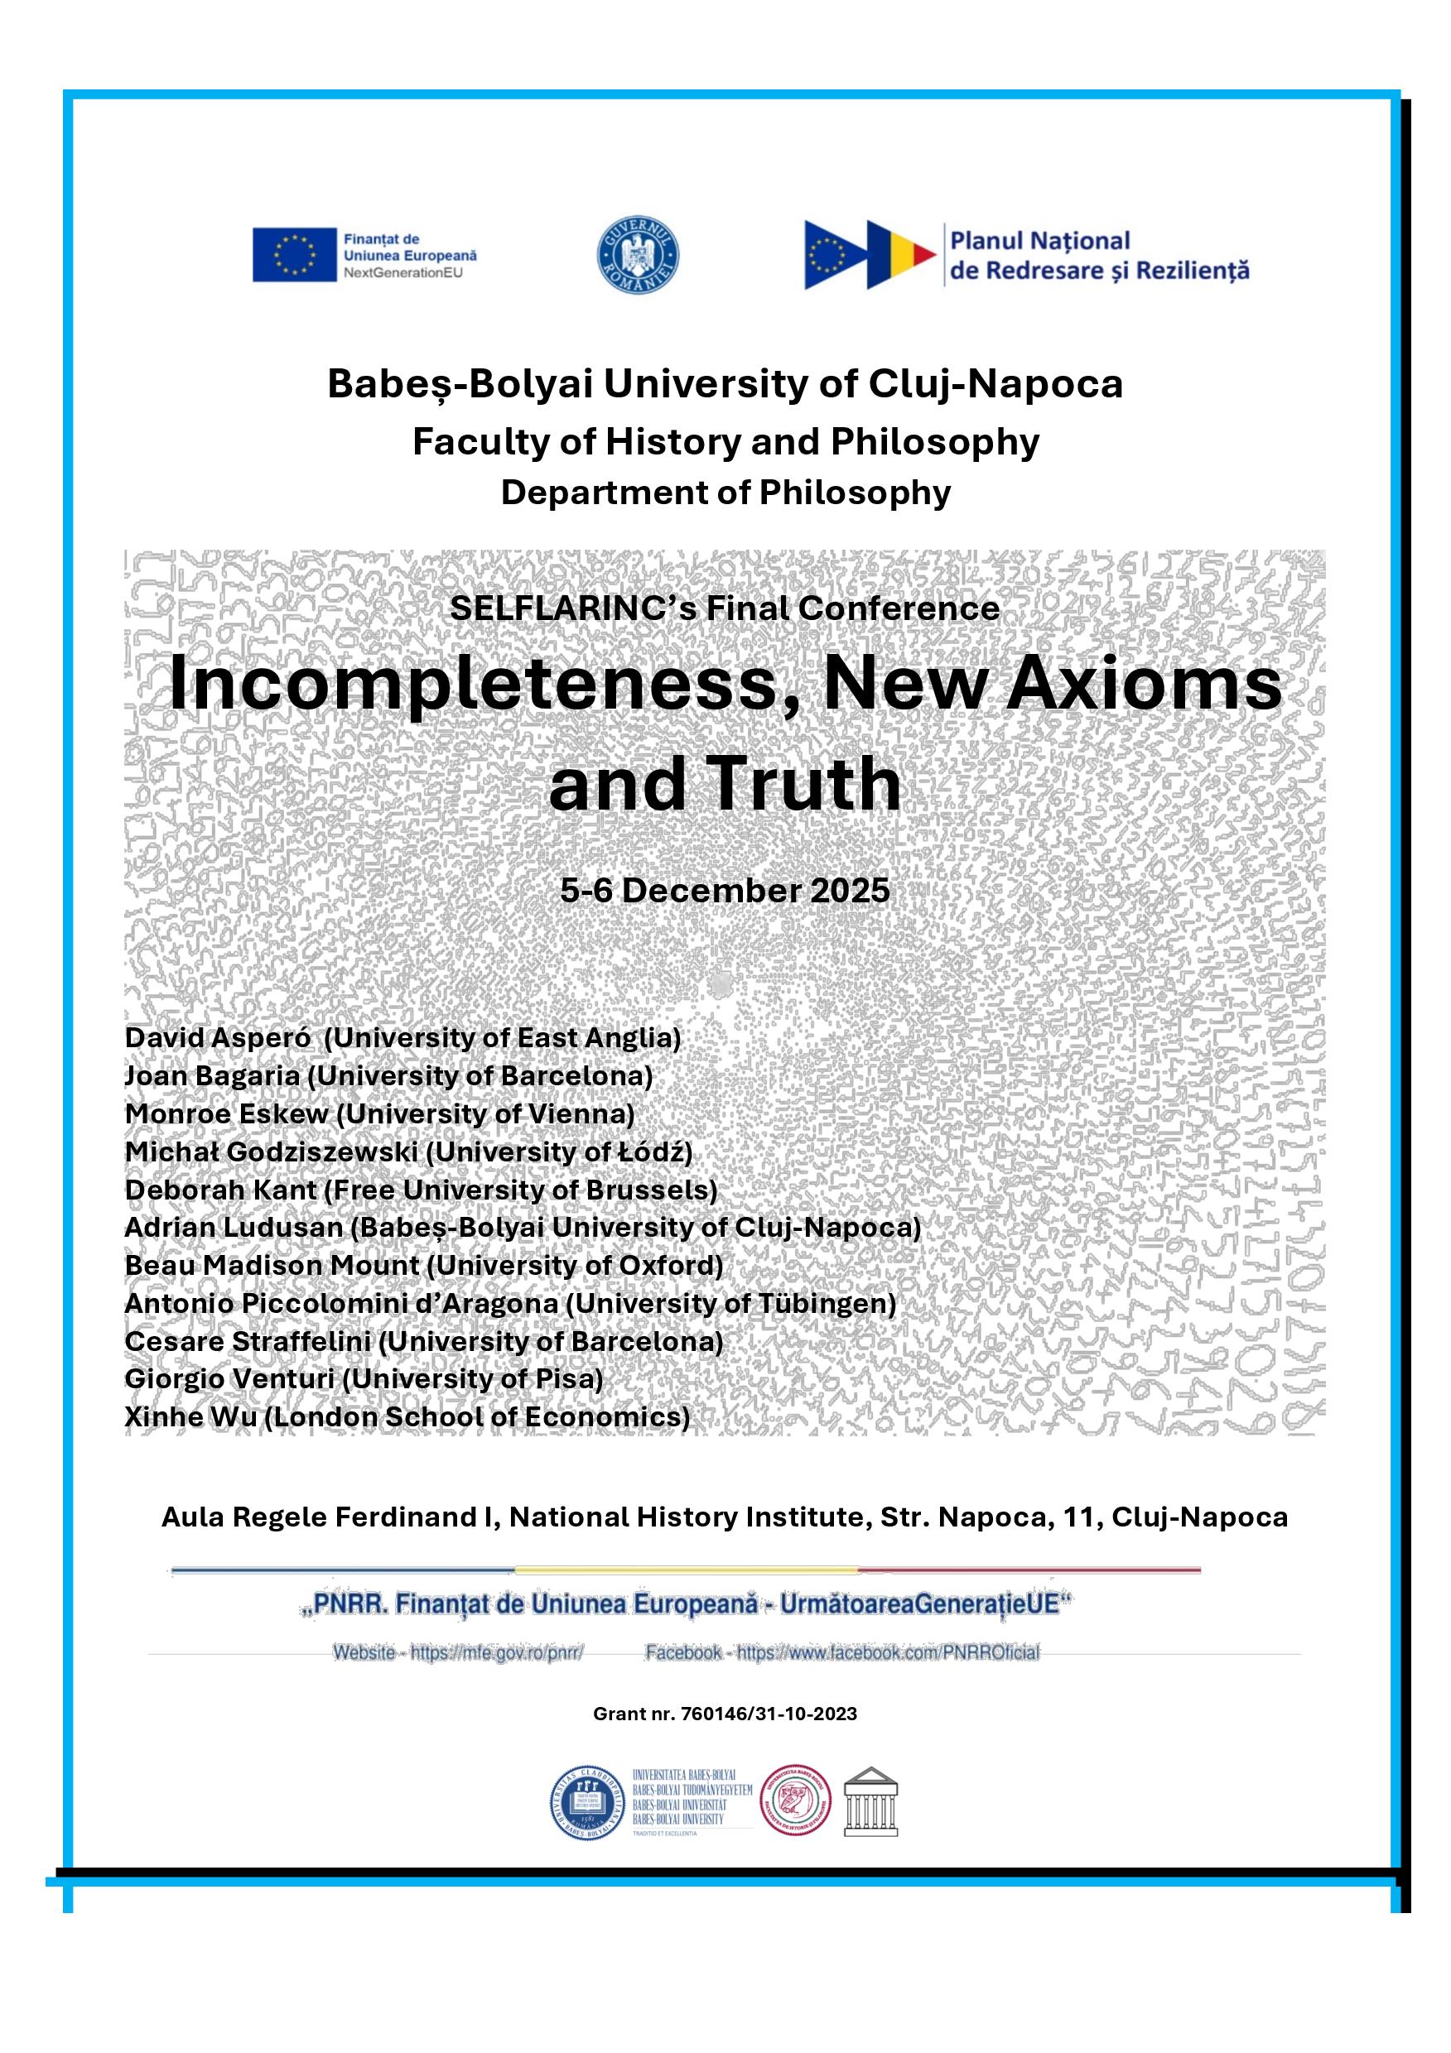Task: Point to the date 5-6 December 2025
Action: coord(725,890)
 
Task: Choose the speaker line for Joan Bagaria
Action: coord(388,1075)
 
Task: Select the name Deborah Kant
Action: coord(221,1190)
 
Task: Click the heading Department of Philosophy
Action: coord(725,493)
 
